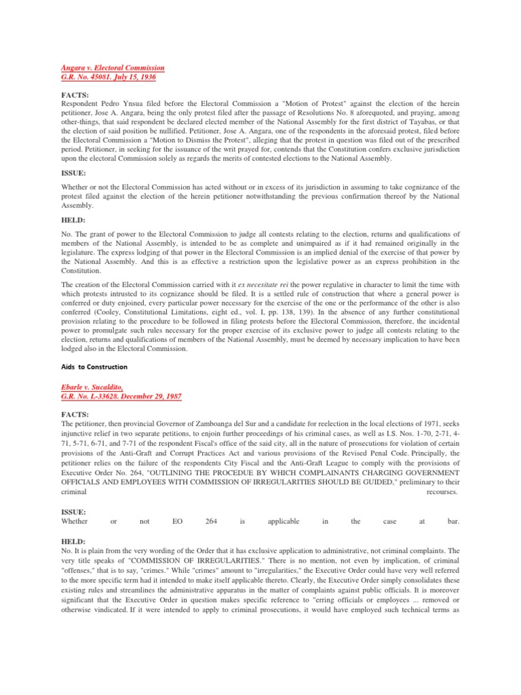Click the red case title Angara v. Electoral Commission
(x=113, y=69)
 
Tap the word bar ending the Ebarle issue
(x=454, y=521)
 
